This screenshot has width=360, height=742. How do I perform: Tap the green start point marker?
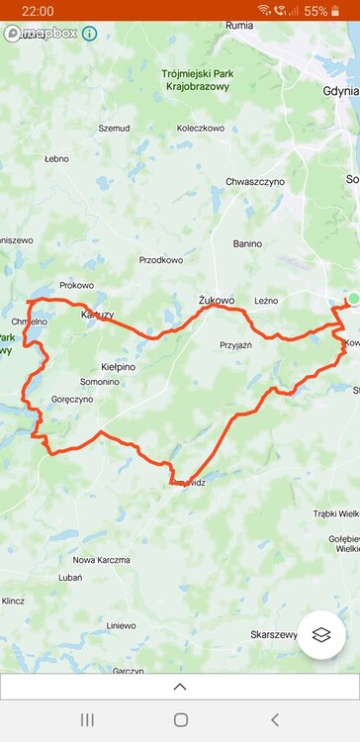pyautogui.click(x=353, y=299)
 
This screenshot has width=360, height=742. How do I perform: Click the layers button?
pyautogui.click(x=320, y=634)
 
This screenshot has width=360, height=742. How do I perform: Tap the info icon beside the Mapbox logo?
pyautogui.click(x=89, y=34)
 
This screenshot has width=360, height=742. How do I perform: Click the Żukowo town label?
pyautogui.click(x=217, y=300)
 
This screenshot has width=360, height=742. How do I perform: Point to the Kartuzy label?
pyautogui.click(x=97, y=315)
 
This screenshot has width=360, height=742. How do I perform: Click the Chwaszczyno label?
pyautogui.click(x=255, y=182)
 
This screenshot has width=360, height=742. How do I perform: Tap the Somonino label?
pyautogui.click(x=100, y=381)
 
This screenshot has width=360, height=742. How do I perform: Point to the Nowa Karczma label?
pyautogui.click(x=101, y=560)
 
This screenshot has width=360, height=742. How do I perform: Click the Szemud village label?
pyautogui.click(x=114, y=129)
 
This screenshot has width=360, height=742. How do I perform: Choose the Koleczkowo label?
pyautogui.click(x=200, y=129)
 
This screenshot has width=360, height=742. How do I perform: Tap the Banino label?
pyautogui.click(x=247, y=243)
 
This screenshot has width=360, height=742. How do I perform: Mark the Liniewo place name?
pyautogui.click(x=121, y=625)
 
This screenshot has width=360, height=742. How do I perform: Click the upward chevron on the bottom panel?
pyautogui.click(x=180, y=686)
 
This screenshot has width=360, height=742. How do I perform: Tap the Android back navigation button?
pyautogui.click(x=274, y=719)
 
